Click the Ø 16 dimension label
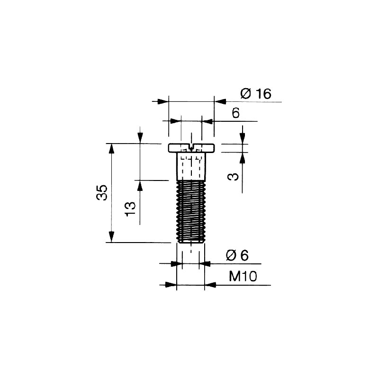pos(256,94)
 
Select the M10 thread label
pos(243,276)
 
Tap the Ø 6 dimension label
pos(237,255)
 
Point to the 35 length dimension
pos(101,192)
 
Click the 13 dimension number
pos(130,209)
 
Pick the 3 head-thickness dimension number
pos(233,177)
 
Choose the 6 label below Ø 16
pos(235,113)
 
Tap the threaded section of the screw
pos(191,211)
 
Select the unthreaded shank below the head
pos(191,166)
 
